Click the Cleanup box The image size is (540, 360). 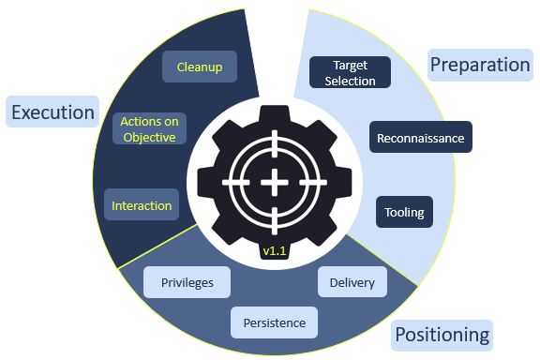coord(199,67)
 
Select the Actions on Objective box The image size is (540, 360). coord(149,129)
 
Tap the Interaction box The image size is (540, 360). coord(142,205)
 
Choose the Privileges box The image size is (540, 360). coord(187,282)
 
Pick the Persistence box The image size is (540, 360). coord(274,322)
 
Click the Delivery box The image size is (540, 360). coord(352,282)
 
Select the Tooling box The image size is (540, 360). coord(404,212)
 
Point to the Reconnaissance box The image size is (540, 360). coord(420,138)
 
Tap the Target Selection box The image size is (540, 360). coord(350,73)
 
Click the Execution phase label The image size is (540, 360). coord(52,112)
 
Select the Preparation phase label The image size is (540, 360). coord(479,65)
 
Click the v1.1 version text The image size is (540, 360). coord(274,251)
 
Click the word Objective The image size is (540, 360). coord(149,137)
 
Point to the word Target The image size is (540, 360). coord(350,66)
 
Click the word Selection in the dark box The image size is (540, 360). coord(350,81)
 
